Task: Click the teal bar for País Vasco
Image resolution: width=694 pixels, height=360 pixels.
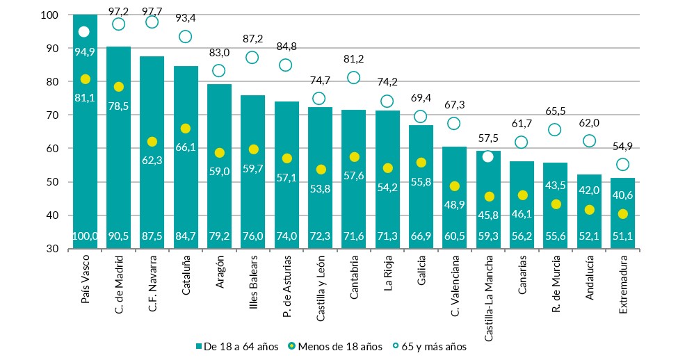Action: tap(85, 139)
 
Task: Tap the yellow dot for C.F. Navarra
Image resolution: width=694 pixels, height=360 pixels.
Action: tap(152, 142)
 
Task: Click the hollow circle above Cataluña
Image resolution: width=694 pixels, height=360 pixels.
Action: tap(186, 37)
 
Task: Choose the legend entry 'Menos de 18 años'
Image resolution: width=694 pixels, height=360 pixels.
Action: tap(334, 346)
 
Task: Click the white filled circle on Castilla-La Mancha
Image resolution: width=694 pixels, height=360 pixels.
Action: tap(488, 156)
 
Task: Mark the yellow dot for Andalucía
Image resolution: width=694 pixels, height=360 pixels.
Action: tap(589, 210)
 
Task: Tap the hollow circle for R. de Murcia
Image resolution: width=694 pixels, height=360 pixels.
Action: tap(555, 130)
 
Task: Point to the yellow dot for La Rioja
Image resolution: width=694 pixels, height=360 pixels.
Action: tap(387, 168)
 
